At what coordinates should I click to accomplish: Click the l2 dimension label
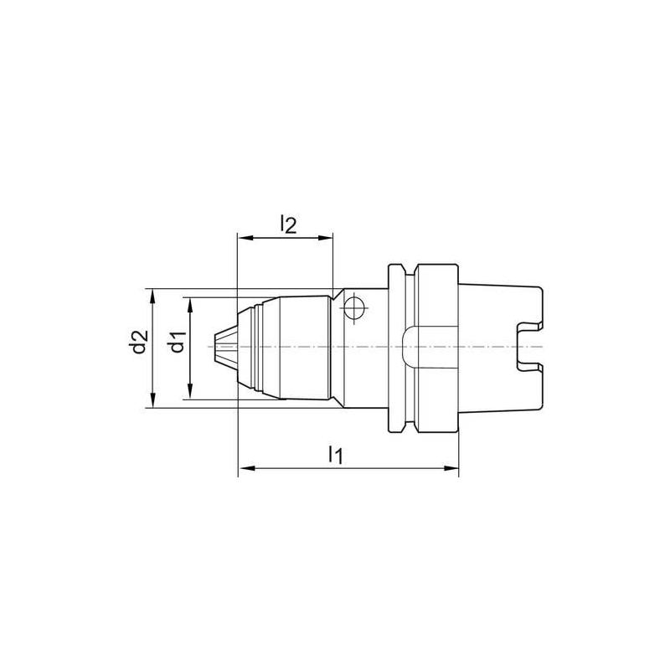pyautogui.click(x=287, y=224)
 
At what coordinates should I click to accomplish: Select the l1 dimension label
pyautogui.click(x=335, y=455)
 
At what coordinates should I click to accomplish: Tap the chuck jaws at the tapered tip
pyautogui.click(x=223, y=347)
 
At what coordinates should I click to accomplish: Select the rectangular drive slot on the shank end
pyautogui.click(x=528, y=347)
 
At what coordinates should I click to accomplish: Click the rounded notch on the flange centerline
pyautogui.click(x=408, y=347)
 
